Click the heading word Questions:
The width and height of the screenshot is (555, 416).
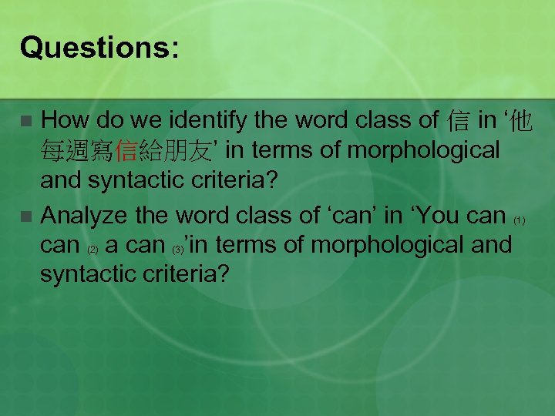coord(99,48)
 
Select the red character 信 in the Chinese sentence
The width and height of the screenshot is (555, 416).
coord(125,151)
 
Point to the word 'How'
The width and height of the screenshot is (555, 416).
coord(63,119)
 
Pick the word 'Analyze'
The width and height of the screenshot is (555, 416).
coord(86,214)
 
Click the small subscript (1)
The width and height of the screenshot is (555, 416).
coord(520,221)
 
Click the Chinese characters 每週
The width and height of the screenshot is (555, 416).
coord(66,151)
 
